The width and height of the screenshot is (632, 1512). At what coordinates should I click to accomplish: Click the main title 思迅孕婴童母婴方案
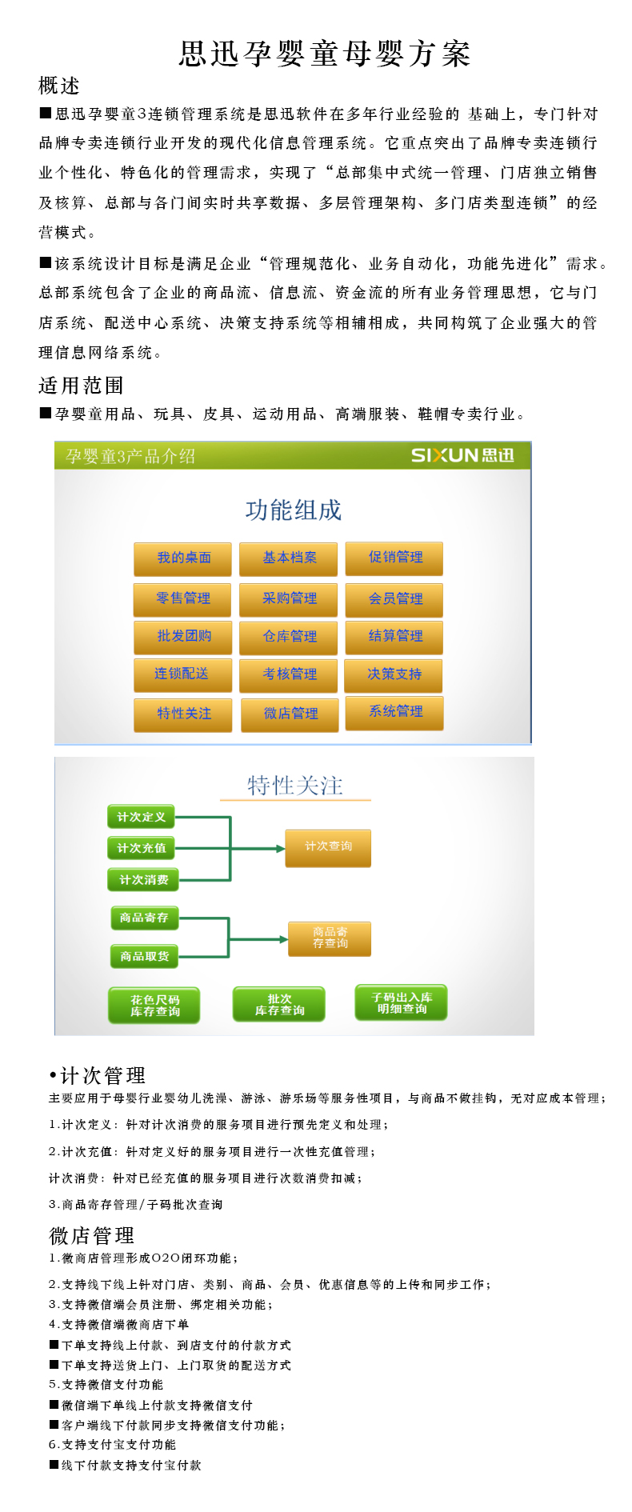324,54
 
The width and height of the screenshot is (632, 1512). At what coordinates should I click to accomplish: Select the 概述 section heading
59,86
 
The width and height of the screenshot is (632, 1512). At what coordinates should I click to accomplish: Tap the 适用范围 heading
81,386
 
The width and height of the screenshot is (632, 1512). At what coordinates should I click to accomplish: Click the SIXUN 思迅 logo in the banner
462,455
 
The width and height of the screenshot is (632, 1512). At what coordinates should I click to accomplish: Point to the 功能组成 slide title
293,510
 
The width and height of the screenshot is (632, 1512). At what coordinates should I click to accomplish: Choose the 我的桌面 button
183,558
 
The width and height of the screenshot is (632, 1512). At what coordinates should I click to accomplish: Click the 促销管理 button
394,558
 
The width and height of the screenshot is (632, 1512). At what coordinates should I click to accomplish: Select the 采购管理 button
289,598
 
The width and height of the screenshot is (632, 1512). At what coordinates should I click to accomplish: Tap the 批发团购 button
183,637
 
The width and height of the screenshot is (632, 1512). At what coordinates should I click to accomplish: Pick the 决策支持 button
394,674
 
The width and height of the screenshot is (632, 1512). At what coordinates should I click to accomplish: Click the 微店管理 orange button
290,714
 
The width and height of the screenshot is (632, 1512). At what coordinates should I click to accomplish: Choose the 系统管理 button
394,712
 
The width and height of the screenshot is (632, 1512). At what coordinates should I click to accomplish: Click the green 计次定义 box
141,817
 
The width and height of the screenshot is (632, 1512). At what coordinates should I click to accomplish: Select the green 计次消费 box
143,880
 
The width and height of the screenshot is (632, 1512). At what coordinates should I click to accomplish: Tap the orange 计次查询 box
328,847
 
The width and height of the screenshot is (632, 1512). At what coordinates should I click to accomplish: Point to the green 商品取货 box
144,956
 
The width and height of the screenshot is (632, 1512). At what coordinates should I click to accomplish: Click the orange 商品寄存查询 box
330,938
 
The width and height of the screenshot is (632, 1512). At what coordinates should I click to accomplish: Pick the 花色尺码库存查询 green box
154,1006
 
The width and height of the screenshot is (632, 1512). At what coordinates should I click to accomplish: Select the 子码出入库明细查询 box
401,1002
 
